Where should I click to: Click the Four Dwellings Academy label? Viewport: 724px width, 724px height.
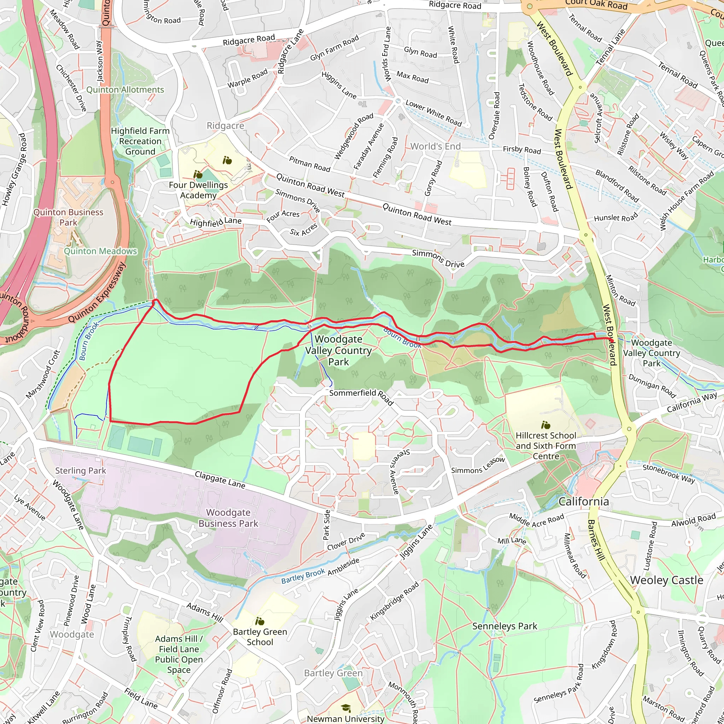[x=198, y=190]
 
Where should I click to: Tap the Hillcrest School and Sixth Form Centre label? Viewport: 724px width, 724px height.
[x=545, y=446]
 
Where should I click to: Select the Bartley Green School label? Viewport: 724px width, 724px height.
[x=260, y=637]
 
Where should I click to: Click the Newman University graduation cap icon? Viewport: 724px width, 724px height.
[x=345, y=708]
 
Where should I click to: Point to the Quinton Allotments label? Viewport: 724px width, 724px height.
[x=125, y=90]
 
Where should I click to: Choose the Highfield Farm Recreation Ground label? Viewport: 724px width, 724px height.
[x=140, y=141]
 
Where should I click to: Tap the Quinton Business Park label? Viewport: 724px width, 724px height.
[x=68, y=217]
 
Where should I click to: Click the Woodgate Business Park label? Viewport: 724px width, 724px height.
[x=228, y=518]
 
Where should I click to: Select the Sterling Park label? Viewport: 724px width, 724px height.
[x=81, y=471]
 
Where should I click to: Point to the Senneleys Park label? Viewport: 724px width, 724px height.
[x=504, y=626]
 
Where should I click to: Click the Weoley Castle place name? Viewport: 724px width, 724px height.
[x=666, y=580]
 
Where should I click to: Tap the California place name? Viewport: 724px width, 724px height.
[x=583, y=502]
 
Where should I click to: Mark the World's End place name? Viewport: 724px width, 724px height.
[x=436, y=146]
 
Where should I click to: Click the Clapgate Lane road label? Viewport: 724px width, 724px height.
[x=220, y=480]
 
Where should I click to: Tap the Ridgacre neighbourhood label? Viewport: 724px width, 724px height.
[x=225, y=126]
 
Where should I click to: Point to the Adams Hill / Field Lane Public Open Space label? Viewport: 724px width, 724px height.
[x=179, y=654]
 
